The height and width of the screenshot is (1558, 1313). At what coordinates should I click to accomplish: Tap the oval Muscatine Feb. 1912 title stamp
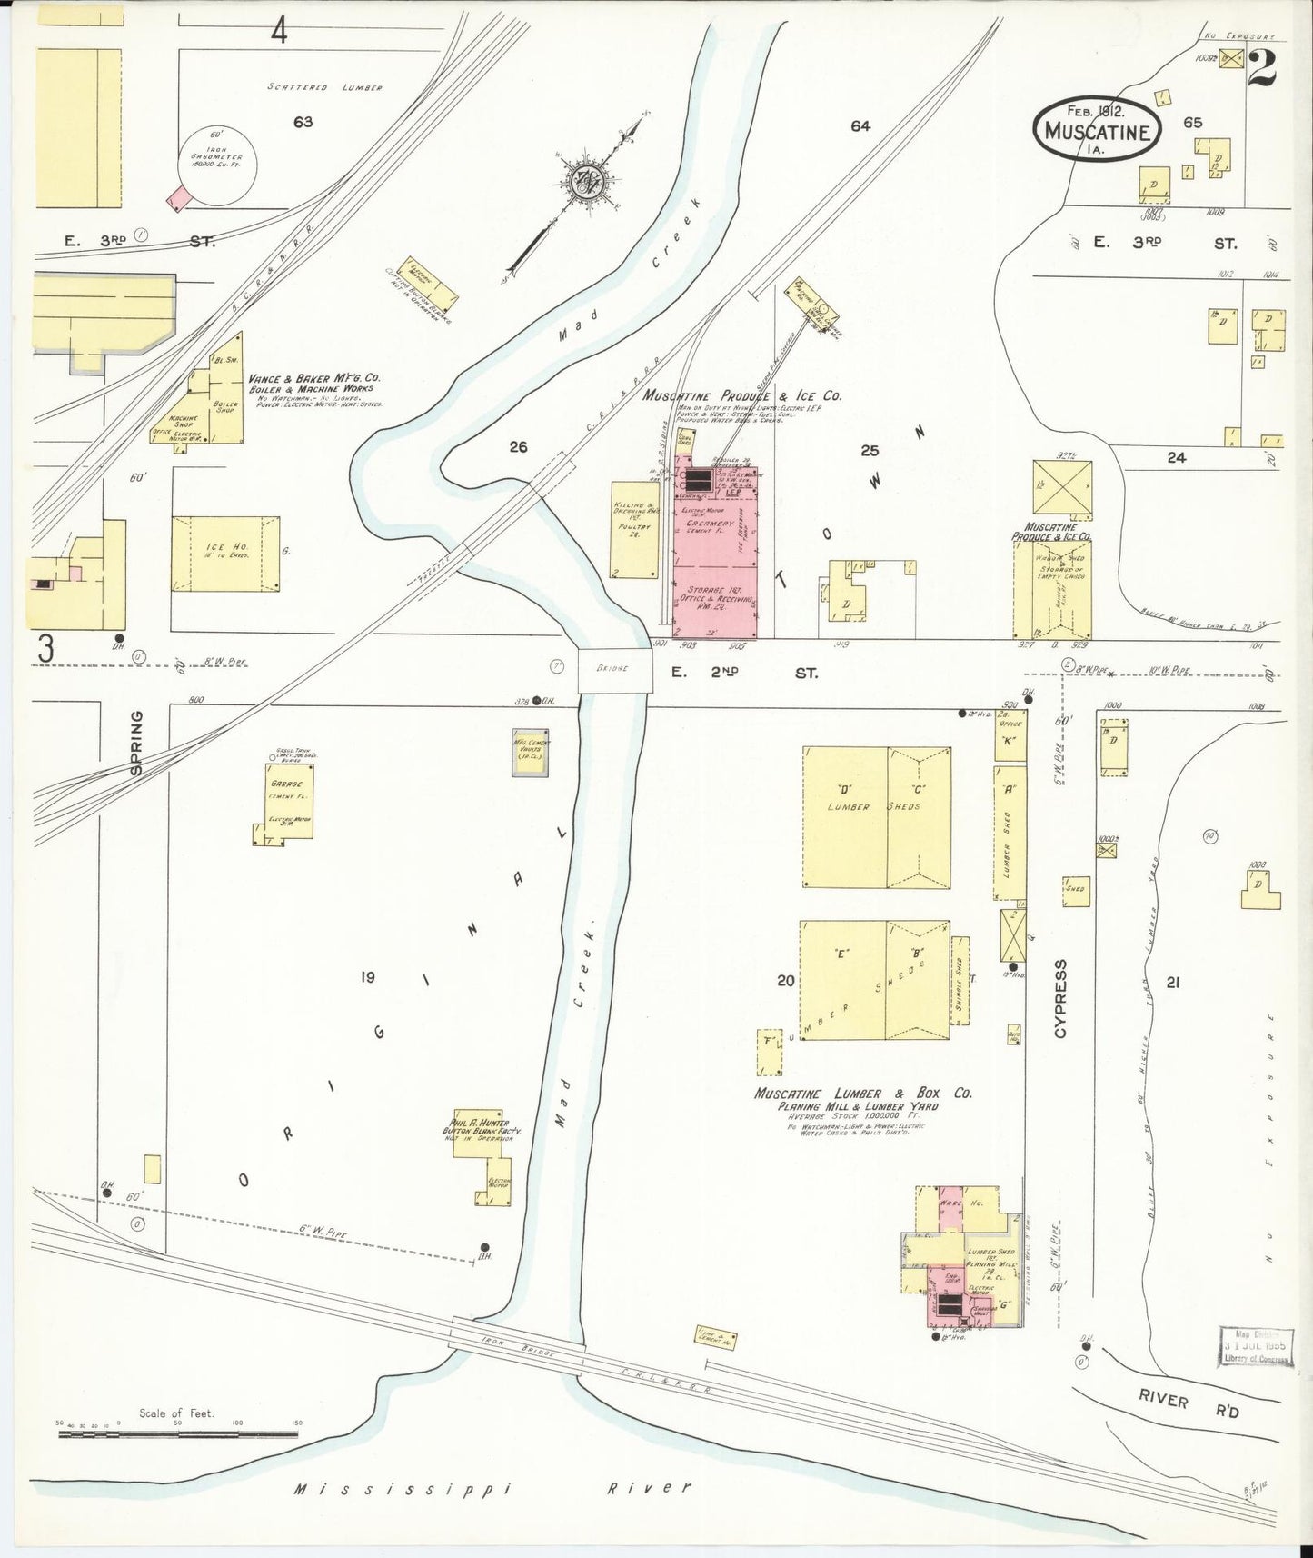1096,130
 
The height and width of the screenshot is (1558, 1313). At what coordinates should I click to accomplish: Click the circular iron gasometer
217,164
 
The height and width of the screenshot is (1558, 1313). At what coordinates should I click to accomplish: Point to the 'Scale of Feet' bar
177,1433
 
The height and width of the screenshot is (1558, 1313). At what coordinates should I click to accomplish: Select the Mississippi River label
492,1488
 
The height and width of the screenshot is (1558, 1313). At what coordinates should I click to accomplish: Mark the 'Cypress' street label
1062,998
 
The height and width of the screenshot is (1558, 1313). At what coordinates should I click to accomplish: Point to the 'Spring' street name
135,743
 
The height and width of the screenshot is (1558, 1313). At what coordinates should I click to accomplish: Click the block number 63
303,122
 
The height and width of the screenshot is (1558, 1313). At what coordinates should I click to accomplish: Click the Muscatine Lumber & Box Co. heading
862,1094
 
